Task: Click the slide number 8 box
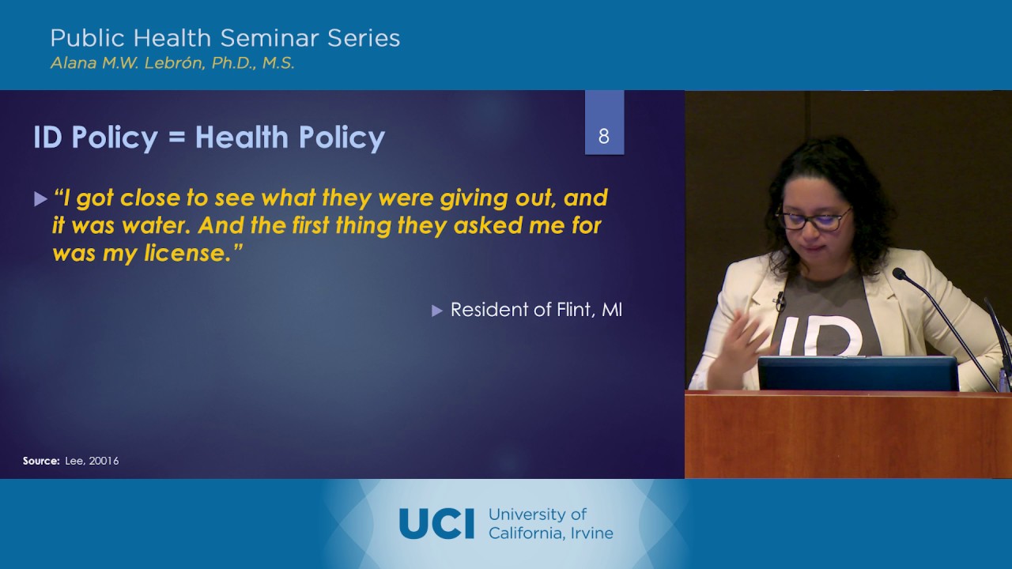pos(604,136)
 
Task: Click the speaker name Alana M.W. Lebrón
pos(126,63)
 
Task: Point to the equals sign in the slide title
pos(176,138)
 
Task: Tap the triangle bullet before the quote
pos(41,200)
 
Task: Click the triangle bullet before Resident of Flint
pos(437,311)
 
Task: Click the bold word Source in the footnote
pos(40,461)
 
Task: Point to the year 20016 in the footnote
pos(104,461)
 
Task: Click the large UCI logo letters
pos(436,523)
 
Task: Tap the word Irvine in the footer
pos(591,533)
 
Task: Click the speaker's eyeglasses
pos(813,218)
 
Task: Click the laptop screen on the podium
pos(858,373)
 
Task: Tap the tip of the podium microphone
pos(899,273)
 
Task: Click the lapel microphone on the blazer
pos(780,301)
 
